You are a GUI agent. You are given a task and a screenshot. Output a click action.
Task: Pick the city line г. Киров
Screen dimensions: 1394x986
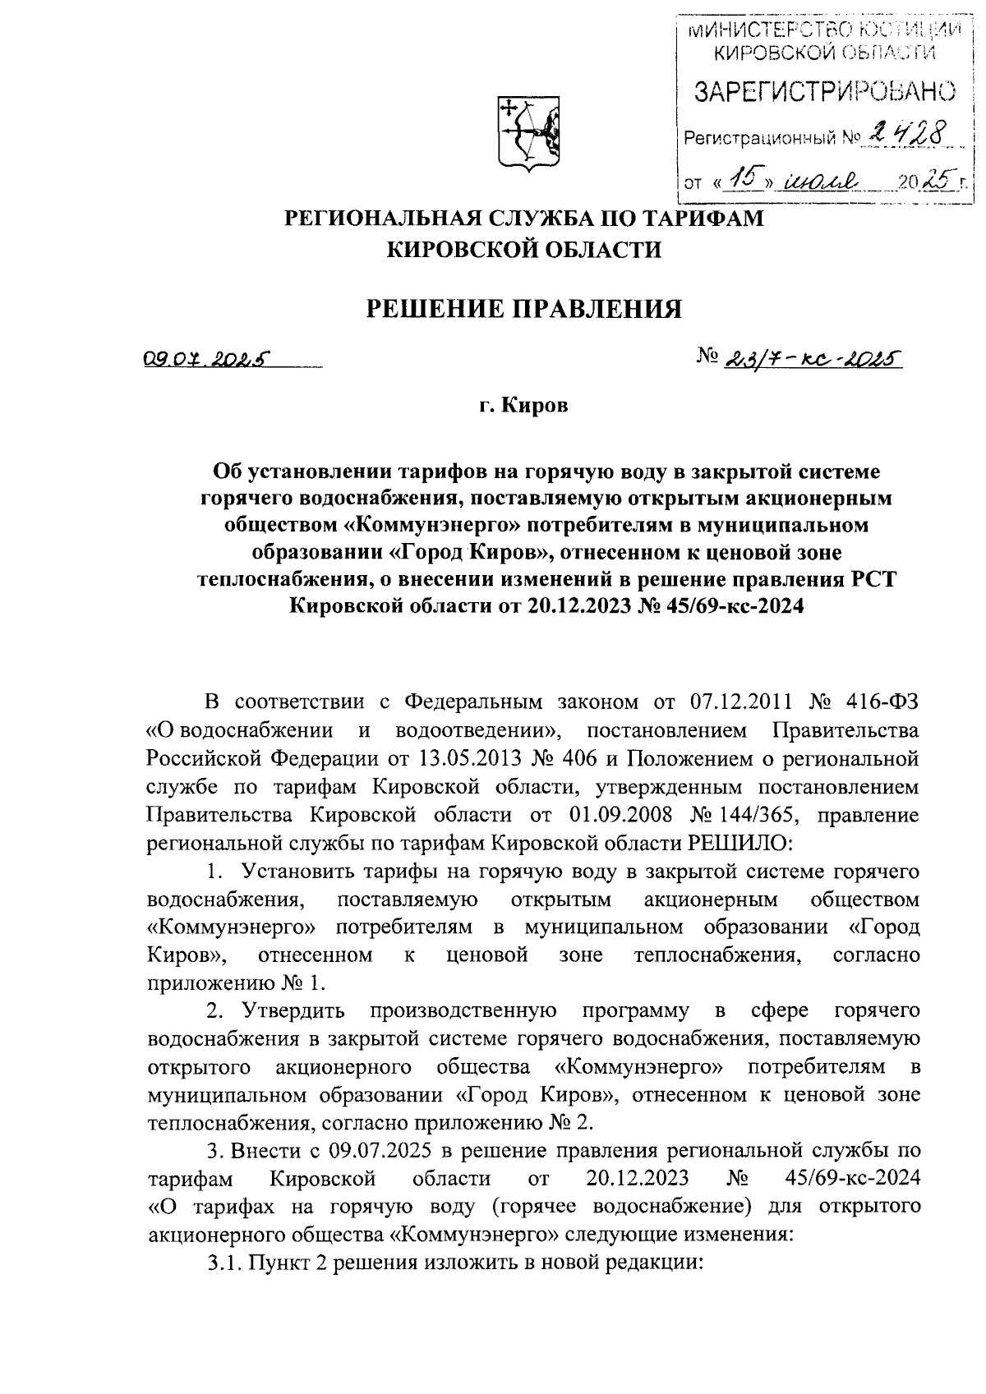tap(523, 406)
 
